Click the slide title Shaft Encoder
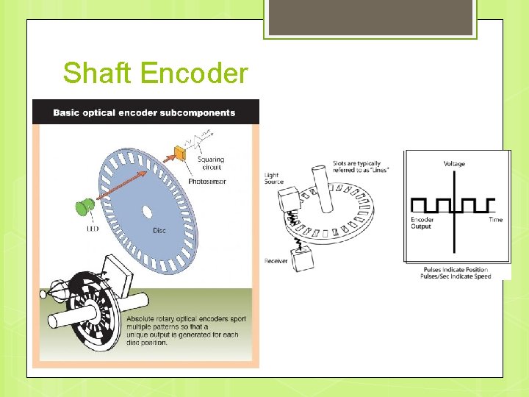coord(156,74)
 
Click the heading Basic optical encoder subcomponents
coord(144,112)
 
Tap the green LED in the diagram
coord(84,207)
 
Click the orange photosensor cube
coord(179,154)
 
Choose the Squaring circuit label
coord(210,162)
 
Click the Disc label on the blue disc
coord(159,231)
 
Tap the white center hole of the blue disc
coord(146,213)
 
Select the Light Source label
coord(273,179)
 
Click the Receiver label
coord(276,261)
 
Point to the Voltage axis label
coord(453,163)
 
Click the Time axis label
coord(495,220)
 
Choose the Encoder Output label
coord(422,223)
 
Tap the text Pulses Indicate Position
coord(455,269)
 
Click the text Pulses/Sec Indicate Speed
coord(455,276)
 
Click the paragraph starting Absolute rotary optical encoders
coord(185,330)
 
